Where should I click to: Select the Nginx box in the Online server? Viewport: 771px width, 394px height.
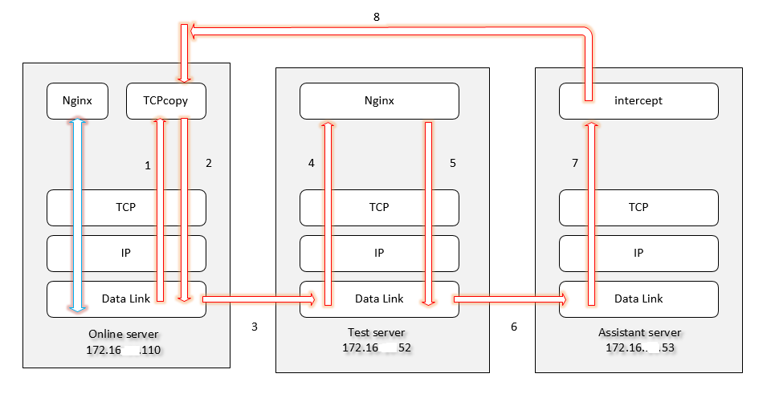tap(77, 101)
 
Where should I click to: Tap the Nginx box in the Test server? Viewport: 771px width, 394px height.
tap(379, 101)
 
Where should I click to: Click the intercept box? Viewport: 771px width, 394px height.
tap(638, 101)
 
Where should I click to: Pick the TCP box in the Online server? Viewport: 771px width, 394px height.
tap(126, 207)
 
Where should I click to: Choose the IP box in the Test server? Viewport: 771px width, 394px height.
tap(379, 253)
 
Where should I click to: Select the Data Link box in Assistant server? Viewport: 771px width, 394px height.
tap(638, 299)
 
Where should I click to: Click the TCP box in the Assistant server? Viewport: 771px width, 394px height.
tap(638, 207)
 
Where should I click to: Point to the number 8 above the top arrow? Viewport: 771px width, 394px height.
tap(377, 16)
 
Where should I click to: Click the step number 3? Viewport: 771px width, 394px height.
tap(255, 327)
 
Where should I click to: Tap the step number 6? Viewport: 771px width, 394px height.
tap(514, 327)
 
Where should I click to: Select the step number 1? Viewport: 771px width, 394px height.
tap(148, 165)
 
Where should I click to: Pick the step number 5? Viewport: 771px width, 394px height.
tap(452, 163)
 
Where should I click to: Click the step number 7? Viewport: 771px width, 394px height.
tap(575, 163)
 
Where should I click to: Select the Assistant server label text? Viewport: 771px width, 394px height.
tap(639, 332)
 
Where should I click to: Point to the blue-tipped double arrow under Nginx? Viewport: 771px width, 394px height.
tap(77, 213)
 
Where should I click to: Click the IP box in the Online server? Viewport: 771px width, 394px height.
tap(126, 253)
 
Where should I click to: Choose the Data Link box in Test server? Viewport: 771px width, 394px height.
tap(379, 299)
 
